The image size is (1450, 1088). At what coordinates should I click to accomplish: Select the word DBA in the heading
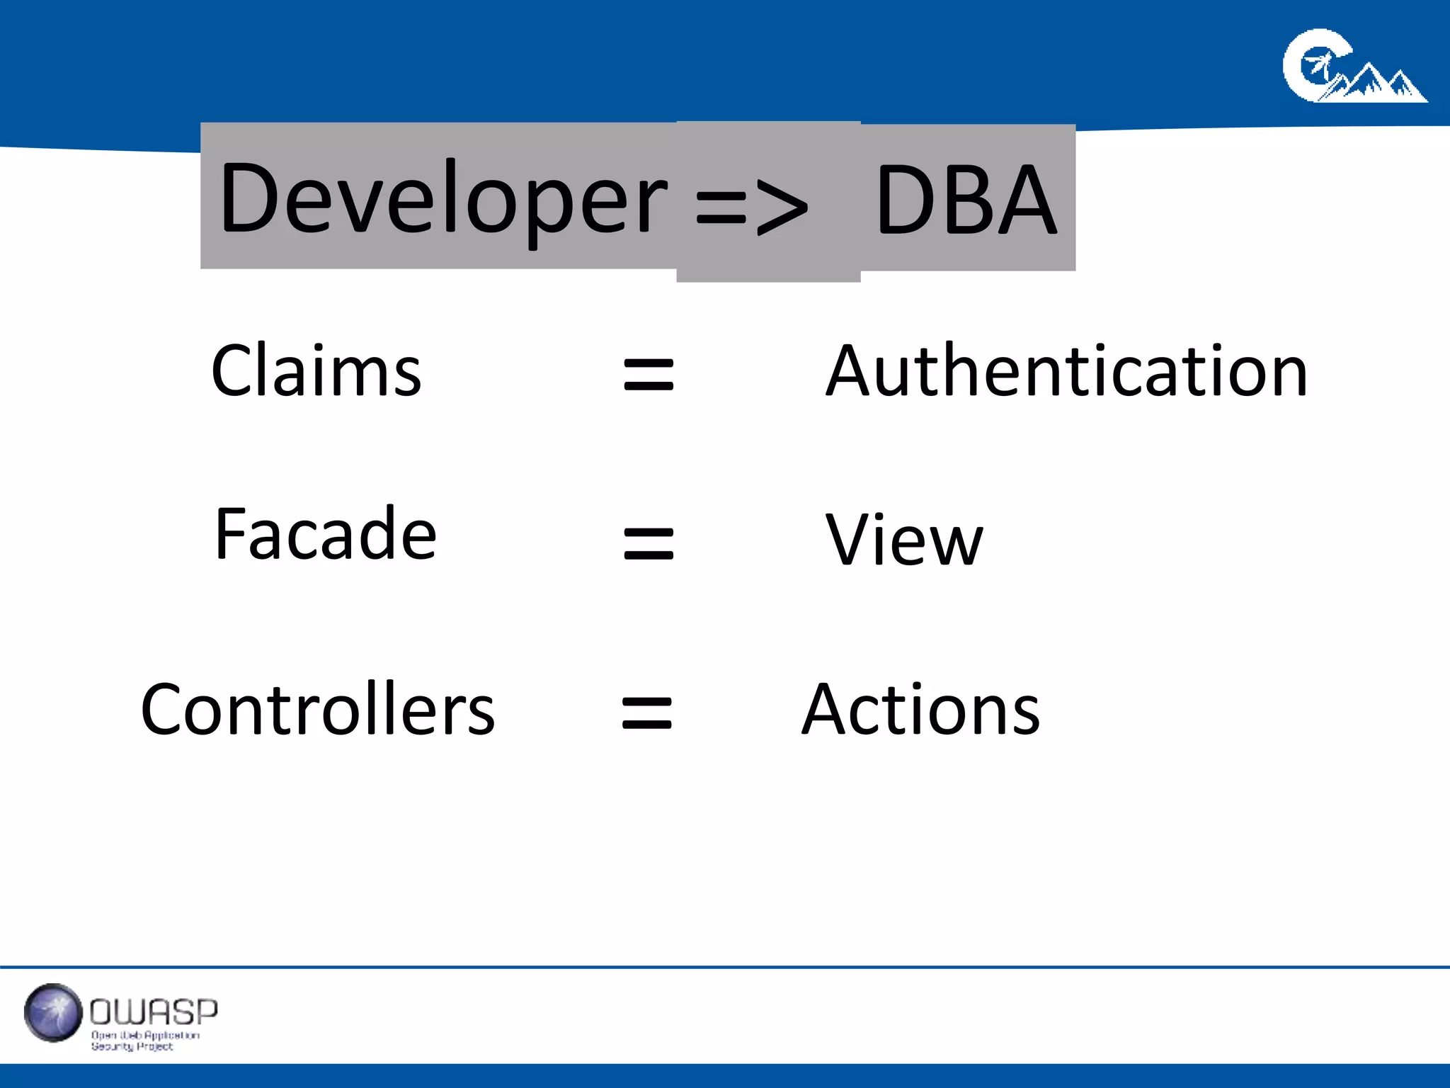click(966, 200)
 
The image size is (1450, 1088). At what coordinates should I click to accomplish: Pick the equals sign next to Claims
click(649, 375)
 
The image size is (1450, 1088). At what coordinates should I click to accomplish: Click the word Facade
click(325, 534)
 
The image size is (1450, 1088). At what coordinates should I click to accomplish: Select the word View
click(904, 540)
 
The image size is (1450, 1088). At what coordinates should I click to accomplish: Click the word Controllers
click(318, 710)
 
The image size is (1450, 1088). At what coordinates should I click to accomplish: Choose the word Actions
click(920, 710)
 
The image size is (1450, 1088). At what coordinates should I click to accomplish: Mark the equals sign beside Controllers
click(646, 713)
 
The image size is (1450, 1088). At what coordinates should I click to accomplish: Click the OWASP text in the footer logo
click(154, 1012)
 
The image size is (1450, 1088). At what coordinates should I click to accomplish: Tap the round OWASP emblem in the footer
click(53, 1013)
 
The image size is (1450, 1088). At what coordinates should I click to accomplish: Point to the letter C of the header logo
click(1310, 65)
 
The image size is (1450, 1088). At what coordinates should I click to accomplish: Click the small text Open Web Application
click(145, 1036)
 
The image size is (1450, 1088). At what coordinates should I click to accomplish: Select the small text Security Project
click(132, 1047)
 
